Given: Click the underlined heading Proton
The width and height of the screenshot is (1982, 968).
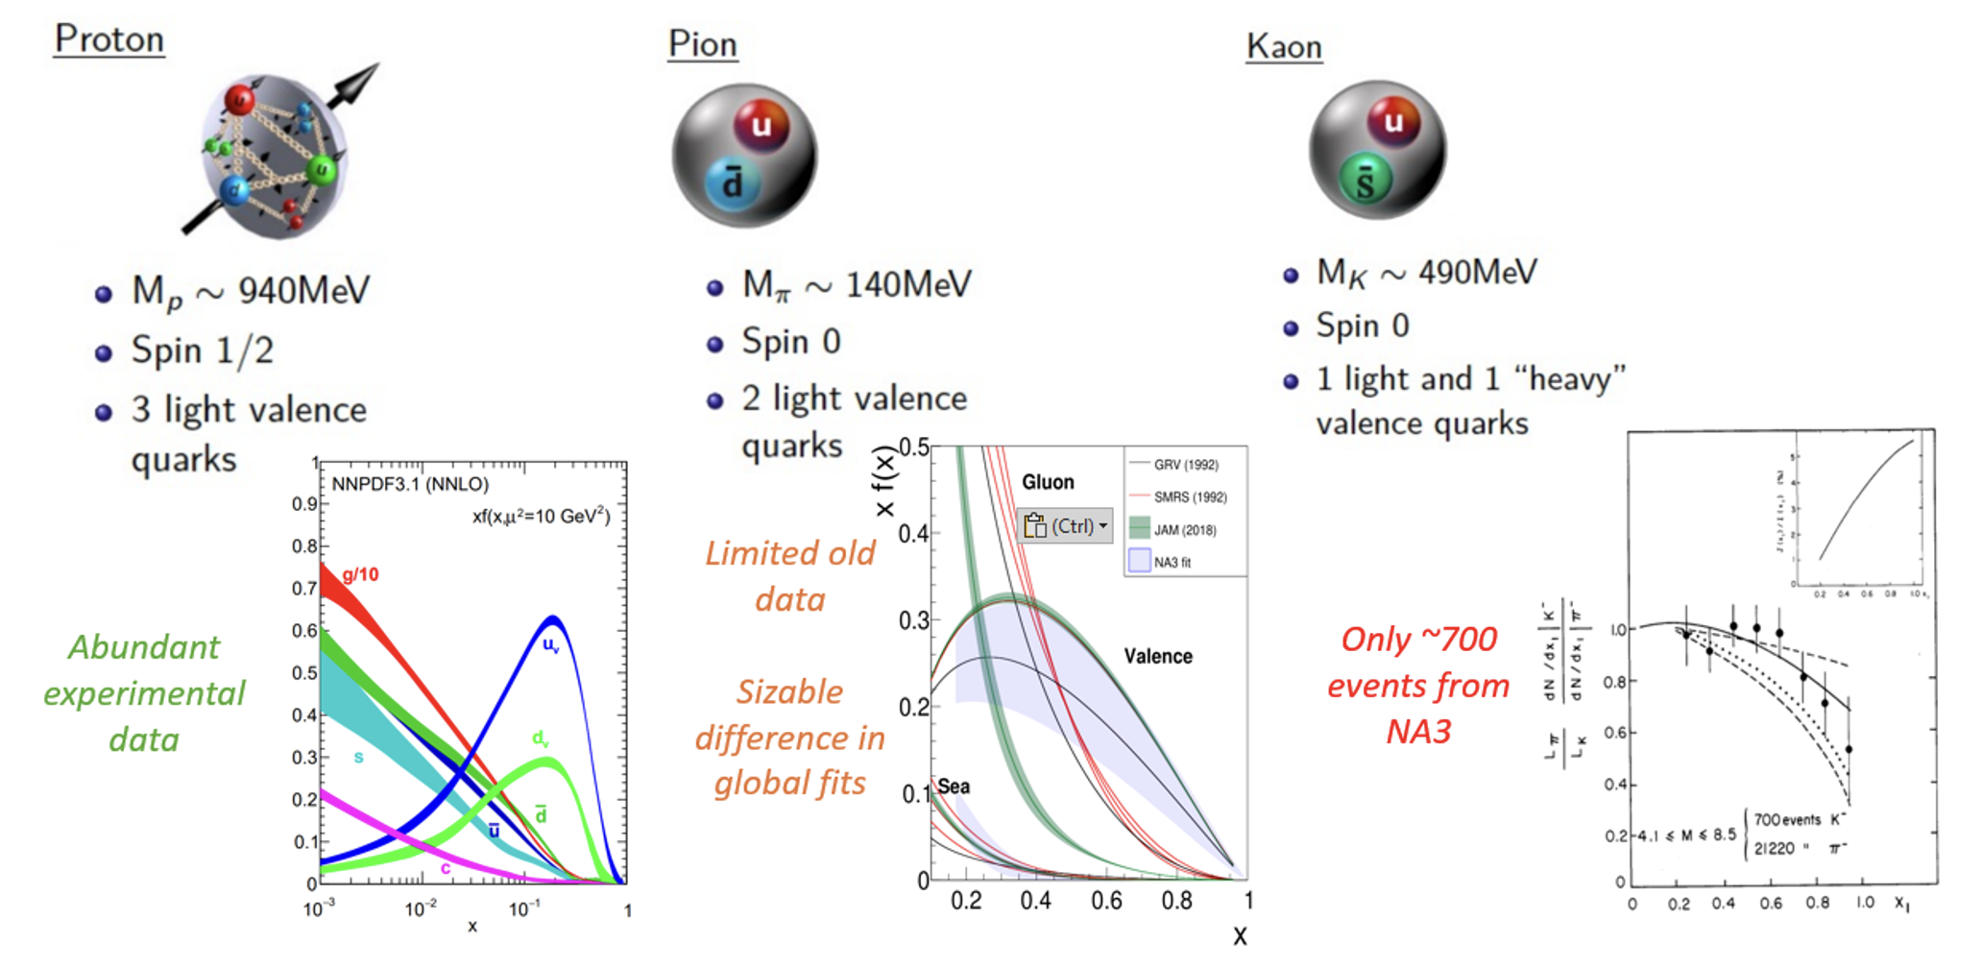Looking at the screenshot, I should tap(109, 39).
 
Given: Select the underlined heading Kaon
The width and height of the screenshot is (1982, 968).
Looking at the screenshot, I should tap(1284, 46).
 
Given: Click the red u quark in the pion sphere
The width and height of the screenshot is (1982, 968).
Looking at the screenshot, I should tap(761, 126).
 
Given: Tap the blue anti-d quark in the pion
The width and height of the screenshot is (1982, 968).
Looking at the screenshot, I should tap(733, 183).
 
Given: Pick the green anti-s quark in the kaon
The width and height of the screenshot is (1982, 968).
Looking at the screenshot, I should tap(1365, 181).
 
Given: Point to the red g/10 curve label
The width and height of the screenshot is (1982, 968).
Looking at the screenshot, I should tap(360, 574).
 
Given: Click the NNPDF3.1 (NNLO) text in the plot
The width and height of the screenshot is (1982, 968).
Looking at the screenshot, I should tap(410, 484).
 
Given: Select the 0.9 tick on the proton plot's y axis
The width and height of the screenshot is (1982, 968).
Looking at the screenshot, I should tap(304, 504).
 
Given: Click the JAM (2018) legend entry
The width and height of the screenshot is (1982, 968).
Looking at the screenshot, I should tap(1185, 530).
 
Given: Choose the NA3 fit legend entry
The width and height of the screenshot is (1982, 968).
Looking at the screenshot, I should tap(1172, 563).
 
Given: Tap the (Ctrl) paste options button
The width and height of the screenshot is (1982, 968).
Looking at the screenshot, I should tap(1065, 526).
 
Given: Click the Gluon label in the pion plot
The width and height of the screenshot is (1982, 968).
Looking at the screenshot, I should tap(1048, 482).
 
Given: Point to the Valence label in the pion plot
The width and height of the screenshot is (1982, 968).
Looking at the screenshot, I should tap(1158, 657).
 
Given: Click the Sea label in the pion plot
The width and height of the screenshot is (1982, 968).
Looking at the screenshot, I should tap(954, 786).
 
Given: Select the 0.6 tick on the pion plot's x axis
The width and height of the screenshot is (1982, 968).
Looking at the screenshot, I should tap(1106, 901).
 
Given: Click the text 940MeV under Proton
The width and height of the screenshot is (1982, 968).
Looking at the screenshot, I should tap(303, 290).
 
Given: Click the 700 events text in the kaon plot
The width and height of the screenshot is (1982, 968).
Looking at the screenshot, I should tap(1787, 820).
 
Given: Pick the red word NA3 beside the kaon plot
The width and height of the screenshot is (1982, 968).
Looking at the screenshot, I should tap(1418, 732).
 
